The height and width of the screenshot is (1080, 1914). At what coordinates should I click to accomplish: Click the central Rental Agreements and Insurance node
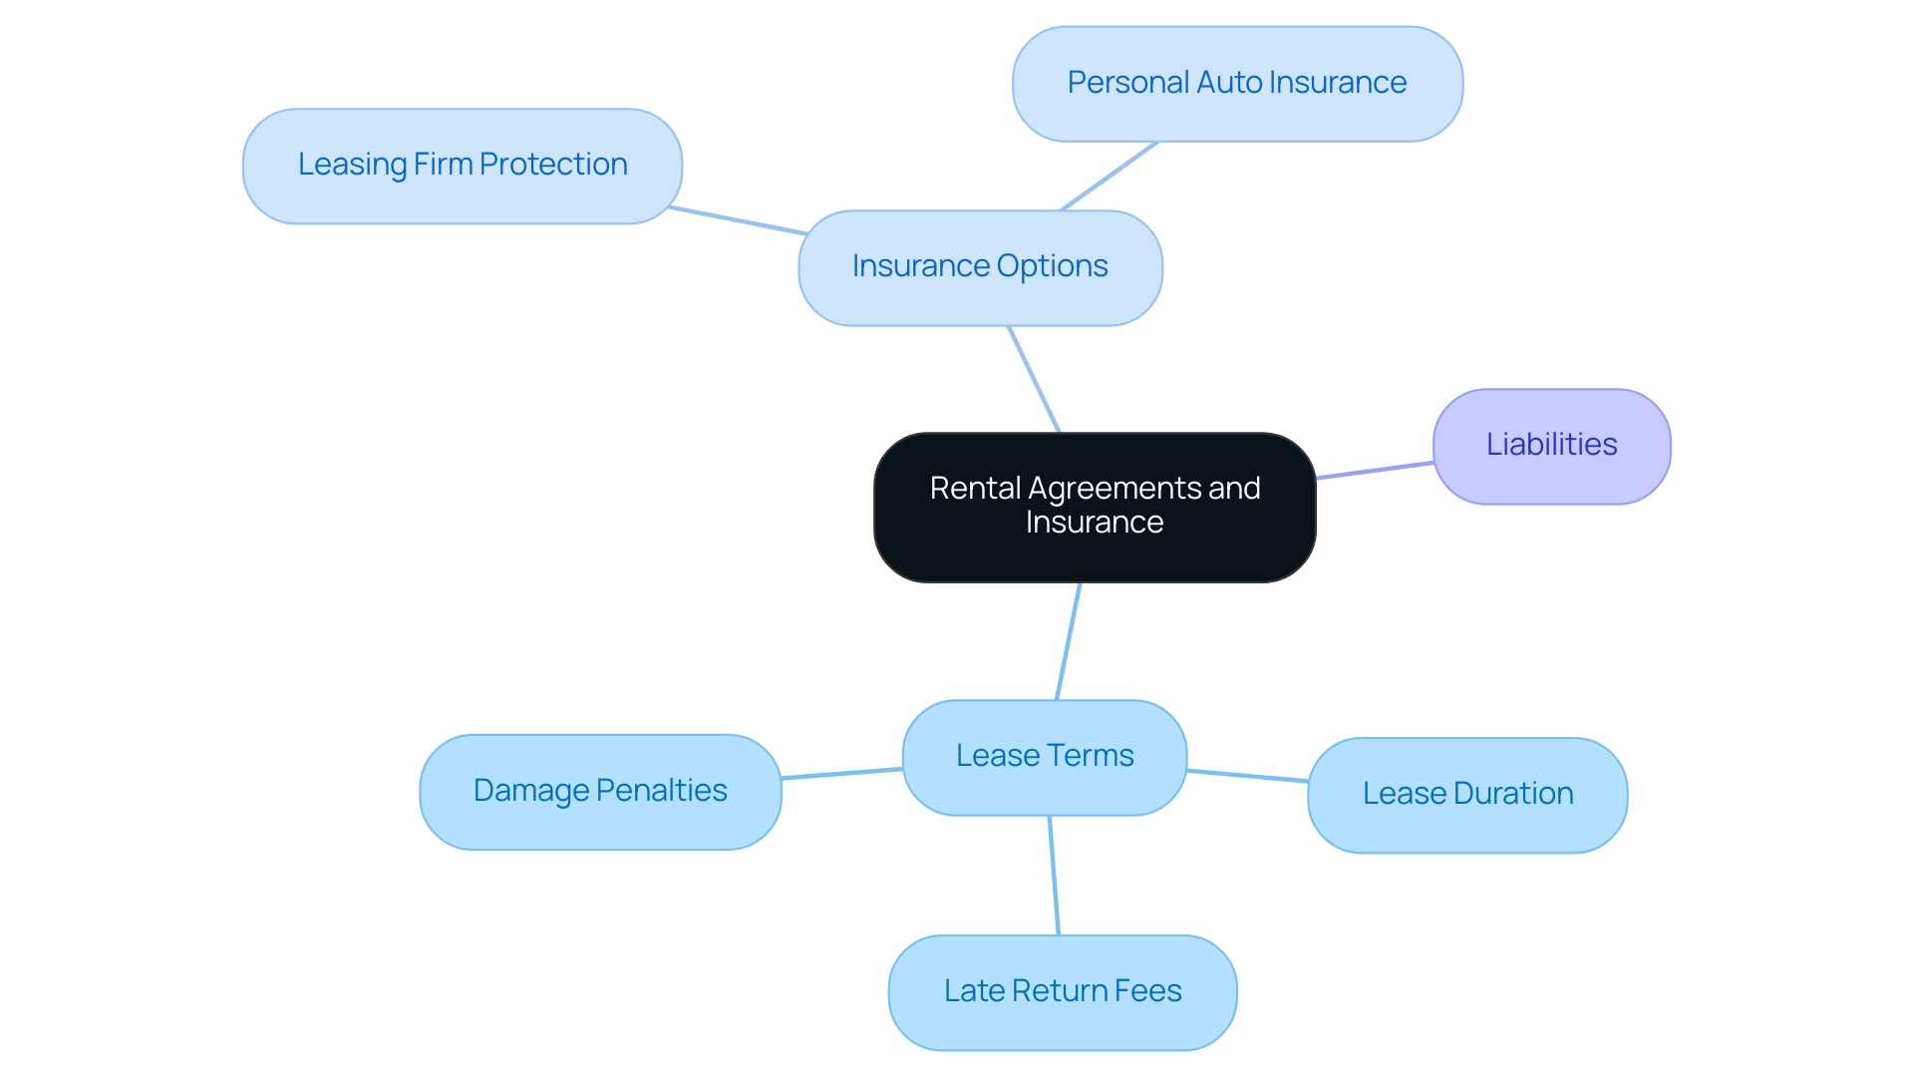[x=1095, y=507]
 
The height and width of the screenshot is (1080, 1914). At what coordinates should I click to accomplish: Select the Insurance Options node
[x=980, y=267]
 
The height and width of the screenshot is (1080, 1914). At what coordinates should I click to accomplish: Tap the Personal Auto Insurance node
[x=1237, y=84]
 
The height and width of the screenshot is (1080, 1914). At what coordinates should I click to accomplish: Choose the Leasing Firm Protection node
[x=463, y=166]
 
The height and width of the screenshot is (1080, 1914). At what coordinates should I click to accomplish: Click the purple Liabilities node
[x=1551, y=446]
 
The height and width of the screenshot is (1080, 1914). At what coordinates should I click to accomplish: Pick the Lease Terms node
[x=1044, y=757]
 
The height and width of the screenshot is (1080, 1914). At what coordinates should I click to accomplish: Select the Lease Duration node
[x=1467, y=795]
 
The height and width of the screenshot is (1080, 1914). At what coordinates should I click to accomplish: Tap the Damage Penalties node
[x=600, y=792]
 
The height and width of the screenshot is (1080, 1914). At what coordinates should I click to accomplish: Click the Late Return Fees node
[x=1063, y=992]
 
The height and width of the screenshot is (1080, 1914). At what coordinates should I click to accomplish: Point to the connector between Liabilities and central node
[x=1375, y=471]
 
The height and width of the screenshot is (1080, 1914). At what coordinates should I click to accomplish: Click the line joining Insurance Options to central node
[x=1034, y=379]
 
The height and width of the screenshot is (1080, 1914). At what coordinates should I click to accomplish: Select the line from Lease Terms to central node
[x=1068, y=641]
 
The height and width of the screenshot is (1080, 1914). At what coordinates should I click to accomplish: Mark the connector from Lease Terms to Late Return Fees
[x=1054, y=876]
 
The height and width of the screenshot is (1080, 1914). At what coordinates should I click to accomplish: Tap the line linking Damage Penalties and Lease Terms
[x=841, y=773]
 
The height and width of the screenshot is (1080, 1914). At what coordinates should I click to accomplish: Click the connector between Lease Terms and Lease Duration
[x=1247, y=776]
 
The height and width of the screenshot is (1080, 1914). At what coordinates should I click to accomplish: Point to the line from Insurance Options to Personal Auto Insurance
[x=1109, y=177]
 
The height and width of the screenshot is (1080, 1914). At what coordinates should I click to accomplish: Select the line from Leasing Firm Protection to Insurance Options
[x=738, y=220]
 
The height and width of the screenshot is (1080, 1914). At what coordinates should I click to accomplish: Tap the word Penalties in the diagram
[x=662, y=791]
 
